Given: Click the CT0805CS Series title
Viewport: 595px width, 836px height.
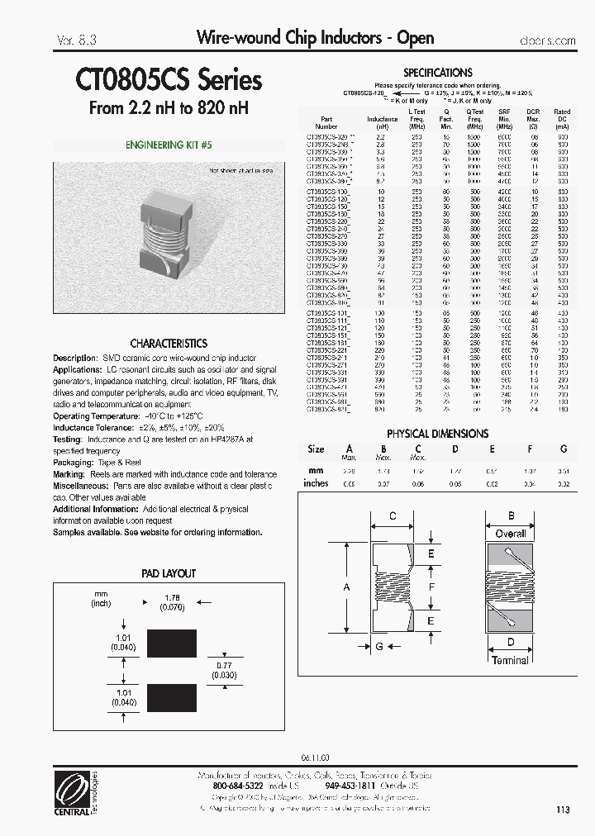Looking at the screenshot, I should pyautogui.click(x=169, y=80).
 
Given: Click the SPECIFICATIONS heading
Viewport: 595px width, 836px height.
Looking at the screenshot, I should pyautogui.click(x=437, y=73).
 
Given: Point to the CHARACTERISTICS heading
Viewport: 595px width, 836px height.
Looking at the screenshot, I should pyautogui.click(x=169, y=343).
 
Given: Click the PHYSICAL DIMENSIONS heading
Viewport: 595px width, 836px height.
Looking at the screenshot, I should pyautogui.click(x=437, y=434).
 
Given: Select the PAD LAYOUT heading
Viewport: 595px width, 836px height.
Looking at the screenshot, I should pyautogui.click(x=169, y=573).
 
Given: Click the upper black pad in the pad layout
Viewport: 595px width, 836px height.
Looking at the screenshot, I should pyautogui.click(x=171, y=642).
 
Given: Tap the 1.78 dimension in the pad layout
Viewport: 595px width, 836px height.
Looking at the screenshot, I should pyautogui.click(x=172, y=598).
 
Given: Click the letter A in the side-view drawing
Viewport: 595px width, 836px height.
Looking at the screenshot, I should pyautogui.click(x=346, y=586).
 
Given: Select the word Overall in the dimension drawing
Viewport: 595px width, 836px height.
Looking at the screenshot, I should pyautogui.click(x=511, y=534).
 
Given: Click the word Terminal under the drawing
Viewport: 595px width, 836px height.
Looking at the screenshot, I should pyautogui.click(x=510, y=660).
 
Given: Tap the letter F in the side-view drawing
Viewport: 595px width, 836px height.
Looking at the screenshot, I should pyautogui.click(x=431, y=586).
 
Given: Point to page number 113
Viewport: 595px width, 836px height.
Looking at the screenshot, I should pyautogui.click(x=563, y=810).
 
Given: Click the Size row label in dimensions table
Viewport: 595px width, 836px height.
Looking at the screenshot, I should pyautogui.click(x=316, y=449).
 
